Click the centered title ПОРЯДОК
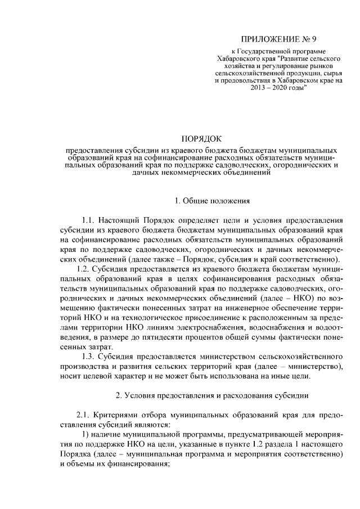pyautogui.click(x=202, y=138)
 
